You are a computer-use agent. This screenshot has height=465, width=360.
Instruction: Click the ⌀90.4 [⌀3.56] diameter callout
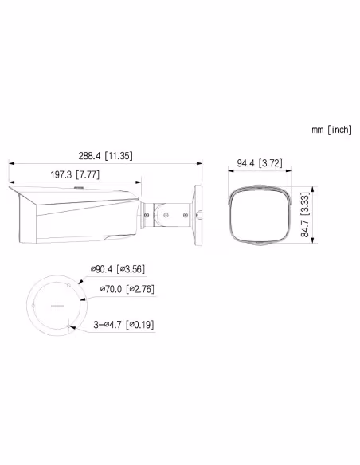[118, 271]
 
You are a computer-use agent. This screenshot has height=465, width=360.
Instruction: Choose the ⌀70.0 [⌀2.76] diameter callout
[126, 290]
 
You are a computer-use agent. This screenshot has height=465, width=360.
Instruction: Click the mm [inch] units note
[331, 130]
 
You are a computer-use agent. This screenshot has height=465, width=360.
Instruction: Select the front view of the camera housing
[257, 215]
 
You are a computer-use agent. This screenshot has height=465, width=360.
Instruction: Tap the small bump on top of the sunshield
[78, 188]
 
